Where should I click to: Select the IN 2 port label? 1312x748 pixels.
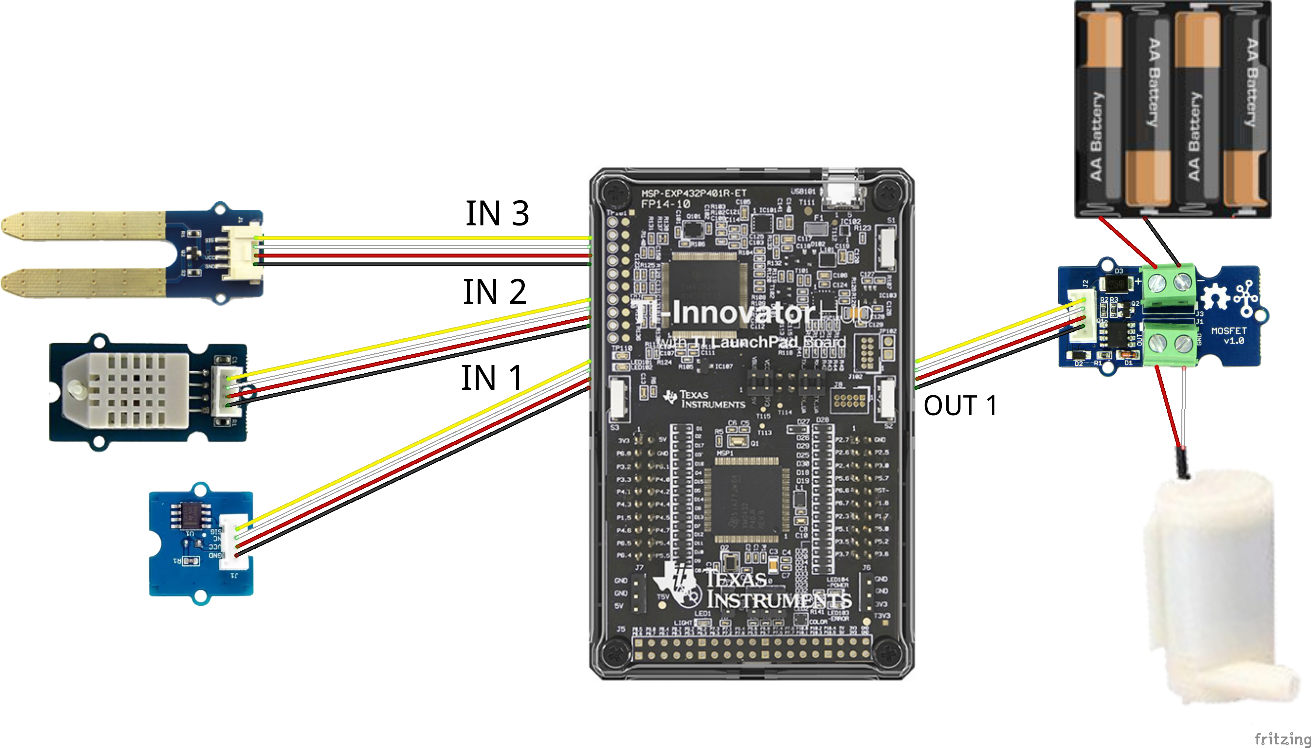(x=494, y=292)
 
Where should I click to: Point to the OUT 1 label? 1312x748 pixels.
(x=960, y=406)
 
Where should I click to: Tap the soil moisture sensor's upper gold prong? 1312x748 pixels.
(x=82, y=226)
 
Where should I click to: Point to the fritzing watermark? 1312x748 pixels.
(x=1282, y=739)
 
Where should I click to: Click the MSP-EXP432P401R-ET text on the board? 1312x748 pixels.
(x=694, y=193)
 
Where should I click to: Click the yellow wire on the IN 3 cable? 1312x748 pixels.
(x=421, y=238)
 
